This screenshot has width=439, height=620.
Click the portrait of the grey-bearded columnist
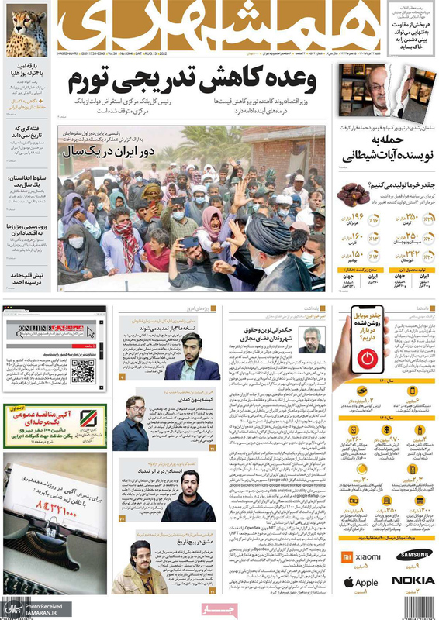314,339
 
